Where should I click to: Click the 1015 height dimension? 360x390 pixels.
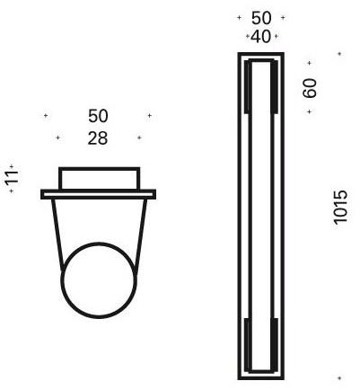coord(339,208)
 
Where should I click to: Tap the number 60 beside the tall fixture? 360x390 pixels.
coord(310,87)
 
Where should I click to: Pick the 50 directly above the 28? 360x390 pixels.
coord(99,116)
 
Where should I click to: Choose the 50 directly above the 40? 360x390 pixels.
coord(261,17)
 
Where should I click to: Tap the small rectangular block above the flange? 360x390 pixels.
coord(99,177)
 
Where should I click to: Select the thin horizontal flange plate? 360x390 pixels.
coord(99,193)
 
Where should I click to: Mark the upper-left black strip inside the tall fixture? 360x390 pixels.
coord(249,94)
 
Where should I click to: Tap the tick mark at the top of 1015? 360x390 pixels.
coord(340,54)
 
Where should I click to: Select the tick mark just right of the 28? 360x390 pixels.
coord(139,137)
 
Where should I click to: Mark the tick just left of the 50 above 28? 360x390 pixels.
coord(47,116)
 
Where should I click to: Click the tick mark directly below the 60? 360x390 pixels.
coord(310,111)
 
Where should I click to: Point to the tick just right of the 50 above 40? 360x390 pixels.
coord(282,17)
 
